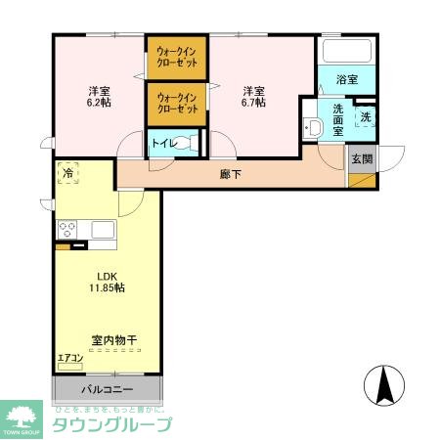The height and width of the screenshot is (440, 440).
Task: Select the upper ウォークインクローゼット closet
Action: tap(177, 58)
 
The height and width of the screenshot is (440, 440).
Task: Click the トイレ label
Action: tap(163, 144)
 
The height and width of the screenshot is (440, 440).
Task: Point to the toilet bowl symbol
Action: tap(191, 144)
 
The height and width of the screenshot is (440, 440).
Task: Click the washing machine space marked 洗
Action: tap(365, 117)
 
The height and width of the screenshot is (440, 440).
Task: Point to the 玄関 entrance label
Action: tap(361, 158)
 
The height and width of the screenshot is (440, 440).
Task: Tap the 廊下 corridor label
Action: tap(231, 175)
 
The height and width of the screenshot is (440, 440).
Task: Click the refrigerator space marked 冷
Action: tap(67, 173)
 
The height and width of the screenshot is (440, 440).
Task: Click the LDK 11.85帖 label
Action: tap(109, 282)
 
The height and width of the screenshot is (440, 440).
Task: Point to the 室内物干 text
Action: tap(113, 341)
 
